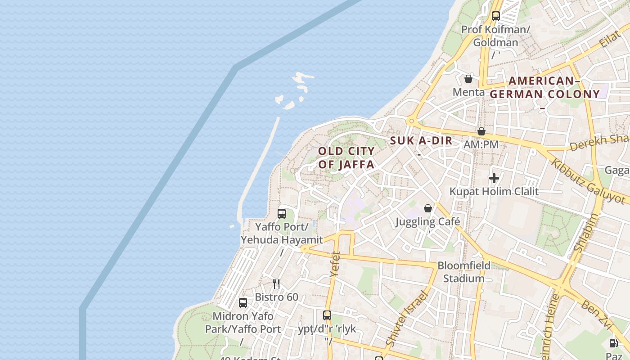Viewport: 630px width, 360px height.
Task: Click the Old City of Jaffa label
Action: (x=346, y=157)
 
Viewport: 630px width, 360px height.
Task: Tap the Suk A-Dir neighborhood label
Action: (x=421, y=140)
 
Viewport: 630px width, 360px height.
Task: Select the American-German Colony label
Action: (x=544, y=88)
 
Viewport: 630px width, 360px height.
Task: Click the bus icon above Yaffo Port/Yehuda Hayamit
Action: (x=282, y=214)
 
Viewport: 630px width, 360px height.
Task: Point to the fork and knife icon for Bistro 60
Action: (x=276, y=283)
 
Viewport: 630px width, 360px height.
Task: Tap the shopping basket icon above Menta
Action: (x=468, y=79)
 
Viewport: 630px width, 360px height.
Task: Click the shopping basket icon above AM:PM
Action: (x=481, y=131)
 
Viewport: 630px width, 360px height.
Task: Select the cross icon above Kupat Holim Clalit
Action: (x=494, y=178)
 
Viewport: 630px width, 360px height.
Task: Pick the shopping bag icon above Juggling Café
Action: (x=428, y=208)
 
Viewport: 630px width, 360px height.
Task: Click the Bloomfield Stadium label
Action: (x=464, y=272)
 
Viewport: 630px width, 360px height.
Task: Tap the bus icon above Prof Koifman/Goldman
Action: (x=496, y=16)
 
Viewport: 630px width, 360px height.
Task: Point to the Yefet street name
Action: (x=335, y=263)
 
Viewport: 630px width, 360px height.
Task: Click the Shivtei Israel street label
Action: (x=406, y=319)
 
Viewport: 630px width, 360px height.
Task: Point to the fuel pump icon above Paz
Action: (x=613, y=343)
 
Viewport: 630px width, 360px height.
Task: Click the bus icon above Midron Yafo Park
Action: (x=243, y=303)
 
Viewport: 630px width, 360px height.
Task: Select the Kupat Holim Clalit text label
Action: (x=494, y=191)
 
